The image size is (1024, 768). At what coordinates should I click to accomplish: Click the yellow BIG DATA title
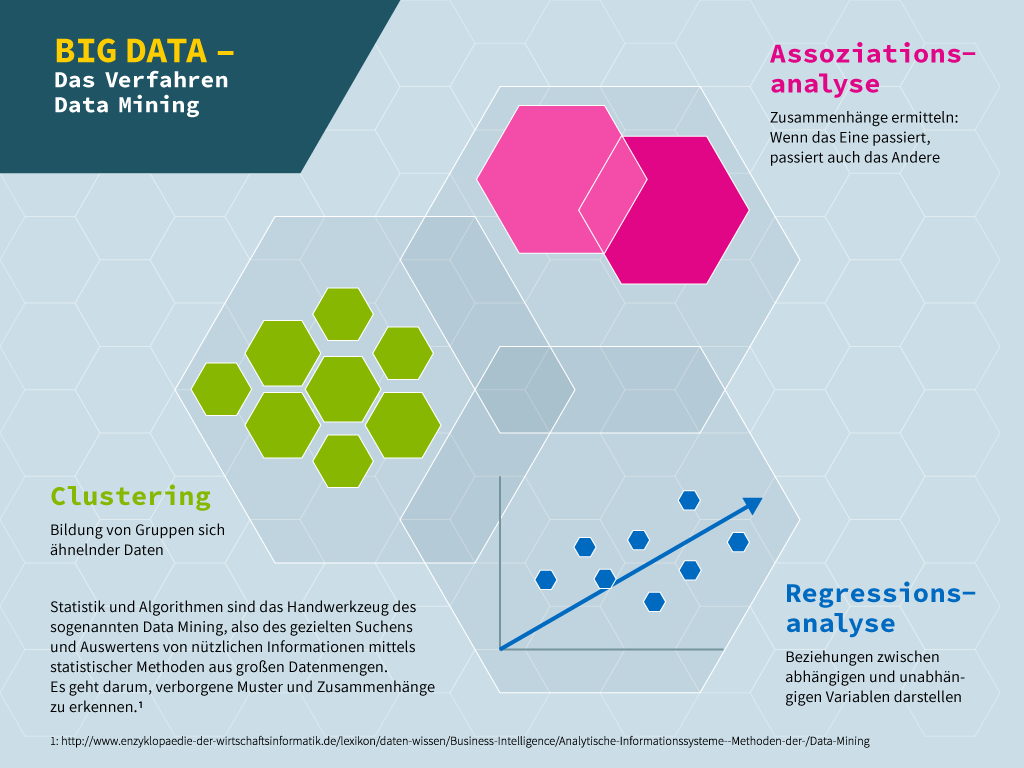pyautogui.click(x=131, y=52)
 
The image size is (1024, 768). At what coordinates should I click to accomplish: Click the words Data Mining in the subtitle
pyautogui.click(x=127, y=105)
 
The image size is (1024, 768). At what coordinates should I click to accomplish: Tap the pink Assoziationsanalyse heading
pyautogui.click(x=872, y=69)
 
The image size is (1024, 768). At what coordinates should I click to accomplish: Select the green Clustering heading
pyautogui.click(x=131, y=496)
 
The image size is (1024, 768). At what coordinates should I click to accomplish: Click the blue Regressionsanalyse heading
pyautogui.click(x=880, y=607)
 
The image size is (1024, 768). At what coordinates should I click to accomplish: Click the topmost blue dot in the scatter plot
pyautogui.click(x=689, y=500)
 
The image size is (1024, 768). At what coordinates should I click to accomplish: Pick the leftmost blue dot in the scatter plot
pyautogui.click(x=545, y=579)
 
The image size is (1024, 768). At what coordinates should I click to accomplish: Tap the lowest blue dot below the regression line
pyautogui.click(x=654, y=601)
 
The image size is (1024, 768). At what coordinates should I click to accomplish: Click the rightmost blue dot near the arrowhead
pyautogui.click(x=738, y=542)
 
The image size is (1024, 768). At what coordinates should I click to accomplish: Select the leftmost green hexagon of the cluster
pyautogui.click(x=221, y=389)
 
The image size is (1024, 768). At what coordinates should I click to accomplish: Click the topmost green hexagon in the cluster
pyautogui.click(x=343, y=314)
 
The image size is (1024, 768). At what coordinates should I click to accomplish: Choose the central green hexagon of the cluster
pyautogui.click(x=343, y=389)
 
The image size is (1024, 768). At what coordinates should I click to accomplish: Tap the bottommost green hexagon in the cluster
pyautogui.click(x=343, y=461)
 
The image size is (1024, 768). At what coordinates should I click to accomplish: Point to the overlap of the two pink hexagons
pyautogui.click(x=613, y=195)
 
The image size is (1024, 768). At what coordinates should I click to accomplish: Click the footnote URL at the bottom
pyautogui.click(x=460, y=741)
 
